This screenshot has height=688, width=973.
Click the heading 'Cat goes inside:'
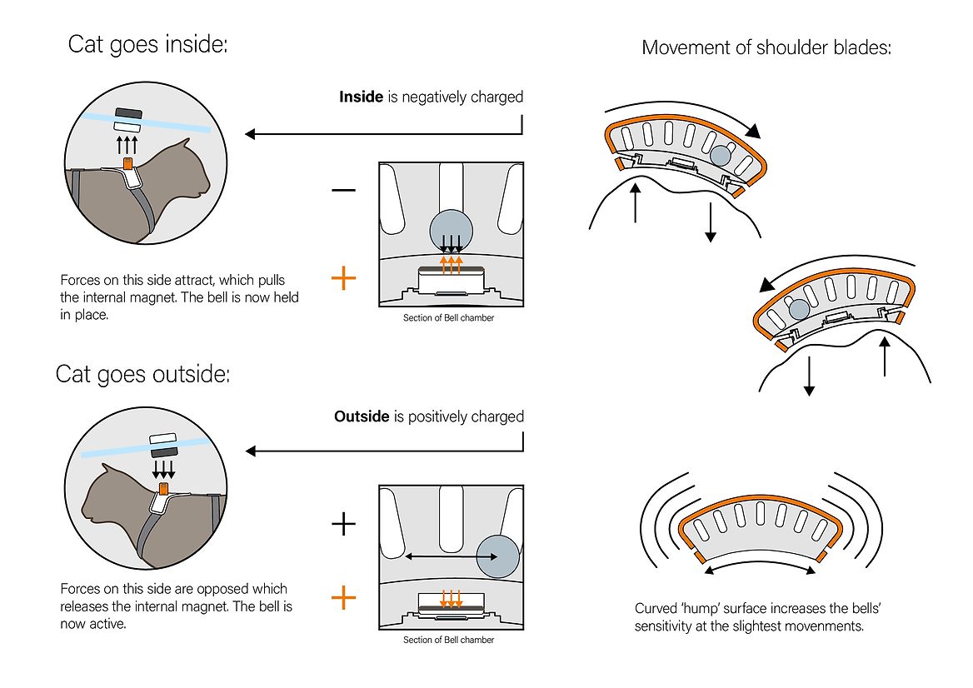pyautogui.click(x=147, y=44)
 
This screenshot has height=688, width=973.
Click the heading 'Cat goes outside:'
pyautogui.click(x=142, y=373)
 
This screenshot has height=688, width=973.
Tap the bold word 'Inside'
pyautogui.click(x=361, y=97)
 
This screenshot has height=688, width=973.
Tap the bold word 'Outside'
pyautogui.click(x=361, y=416)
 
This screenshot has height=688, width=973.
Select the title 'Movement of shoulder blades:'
pyautogui.click(x=766, y=47)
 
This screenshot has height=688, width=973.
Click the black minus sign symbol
pyautogui.click(x=343, y=190)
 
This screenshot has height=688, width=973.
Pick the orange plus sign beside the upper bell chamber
pyautogui.click(x=343, y=278)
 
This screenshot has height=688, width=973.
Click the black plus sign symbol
pyautogui.click(x=343, y=524)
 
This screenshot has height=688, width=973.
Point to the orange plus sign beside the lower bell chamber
pyautogui.click(x=343, y=596)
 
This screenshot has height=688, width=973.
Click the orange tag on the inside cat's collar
pyautogui.click(x=128, y=164)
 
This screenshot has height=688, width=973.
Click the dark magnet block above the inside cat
pyautogui.click(x=128, y=112)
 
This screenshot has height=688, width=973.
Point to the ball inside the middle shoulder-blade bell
pyautogui.click(x=798, y=308)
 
